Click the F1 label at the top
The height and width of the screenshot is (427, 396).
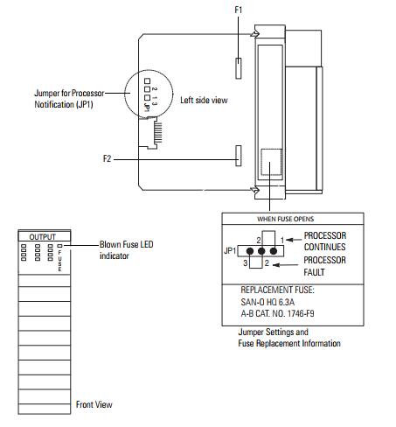(239, 10)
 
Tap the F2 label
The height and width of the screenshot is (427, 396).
(108, 158)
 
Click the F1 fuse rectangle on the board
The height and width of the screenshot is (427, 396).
(239, 68)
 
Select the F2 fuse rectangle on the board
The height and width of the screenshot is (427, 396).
(239, 156)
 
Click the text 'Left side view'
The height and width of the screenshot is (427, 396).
(204, 100)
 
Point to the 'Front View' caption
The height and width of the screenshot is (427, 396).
(94, 404)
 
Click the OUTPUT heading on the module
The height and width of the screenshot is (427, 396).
(42, 237)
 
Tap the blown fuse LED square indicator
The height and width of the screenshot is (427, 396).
(59, 246)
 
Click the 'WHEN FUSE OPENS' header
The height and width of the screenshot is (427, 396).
(285, 219)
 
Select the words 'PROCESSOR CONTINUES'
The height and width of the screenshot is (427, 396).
(325, 241)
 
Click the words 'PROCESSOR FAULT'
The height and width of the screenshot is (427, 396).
(324, 266)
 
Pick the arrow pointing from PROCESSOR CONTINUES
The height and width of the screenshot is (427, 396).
(294, 240)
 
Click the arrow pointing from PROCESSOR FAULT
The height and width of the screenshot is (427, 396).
(286, 265)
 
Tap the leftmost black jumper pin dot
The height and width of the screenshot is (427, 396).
(250, 251)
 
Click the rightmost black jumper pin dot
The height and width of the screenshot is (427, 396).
(274, 251)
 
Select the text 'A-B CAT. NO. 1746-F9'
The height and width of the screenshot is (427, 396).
(277, 313)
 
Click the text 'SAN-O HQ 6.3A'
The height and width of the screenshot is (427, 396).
(267, 302)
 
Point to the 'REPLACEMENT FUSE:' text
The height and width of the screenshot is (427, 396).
(277, 290)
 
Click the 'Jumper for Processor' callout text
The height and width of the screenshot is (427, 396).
(69, 93)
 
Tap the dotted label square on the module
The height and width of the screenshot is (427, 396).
(271, 162)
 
